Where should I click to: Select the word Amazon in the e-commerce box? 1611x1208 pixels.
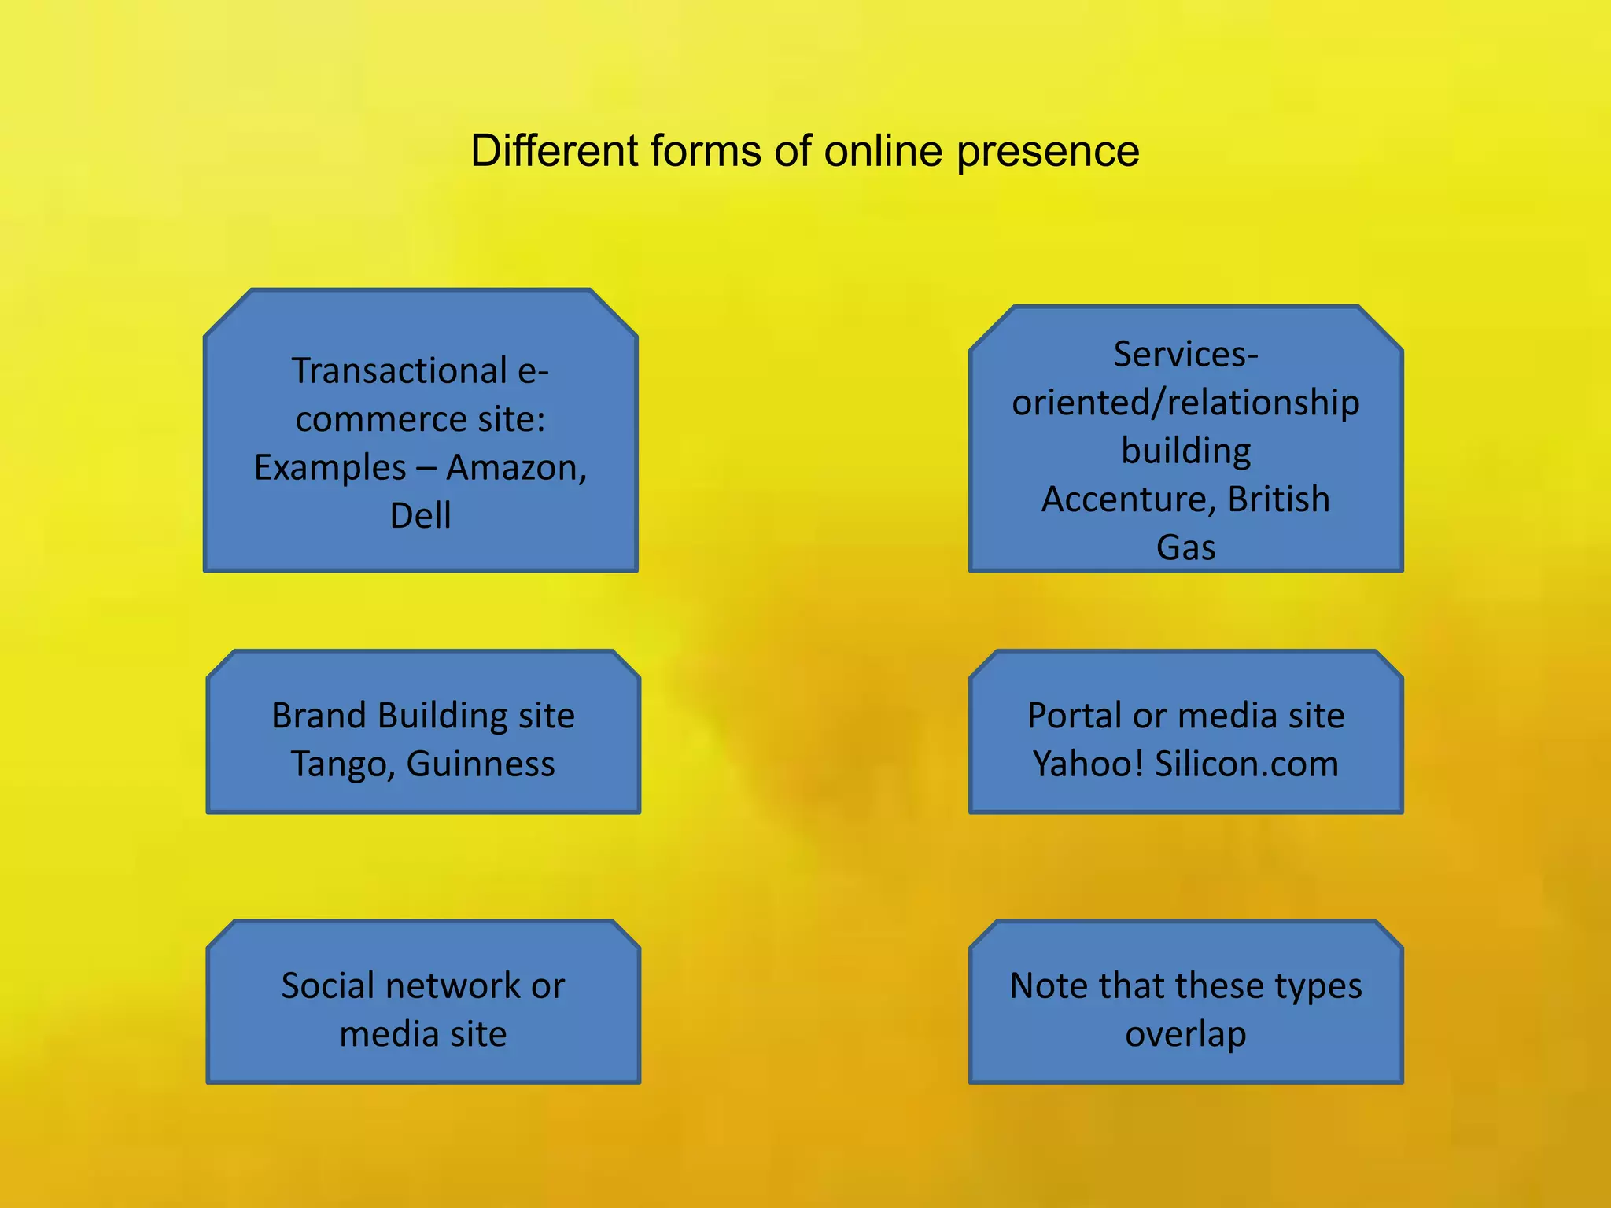coord(516,468)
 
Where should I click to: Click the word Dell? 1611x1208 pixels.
coord(421,516)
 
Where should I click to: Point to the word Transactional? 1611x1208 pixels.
coord(400,371)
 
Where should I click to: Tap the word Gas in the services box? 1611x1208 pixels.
coord(1185,548)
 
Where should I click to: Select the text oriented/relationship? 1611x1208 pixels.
coord(1185,403)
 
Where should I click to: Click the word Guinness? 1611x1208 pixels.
coord(481,764)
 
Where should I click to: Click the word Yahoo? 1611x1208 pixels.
coord(1088,764)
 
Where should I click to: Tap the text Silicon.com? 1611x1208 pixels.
coord(1247,764)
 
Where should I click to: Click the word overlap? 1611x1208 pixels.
coord(1185,1035)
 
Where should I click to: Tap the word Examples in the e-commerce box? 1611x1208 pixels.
coord(330,468)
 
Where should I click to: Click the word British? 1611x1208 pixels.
coord(1278,500)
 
